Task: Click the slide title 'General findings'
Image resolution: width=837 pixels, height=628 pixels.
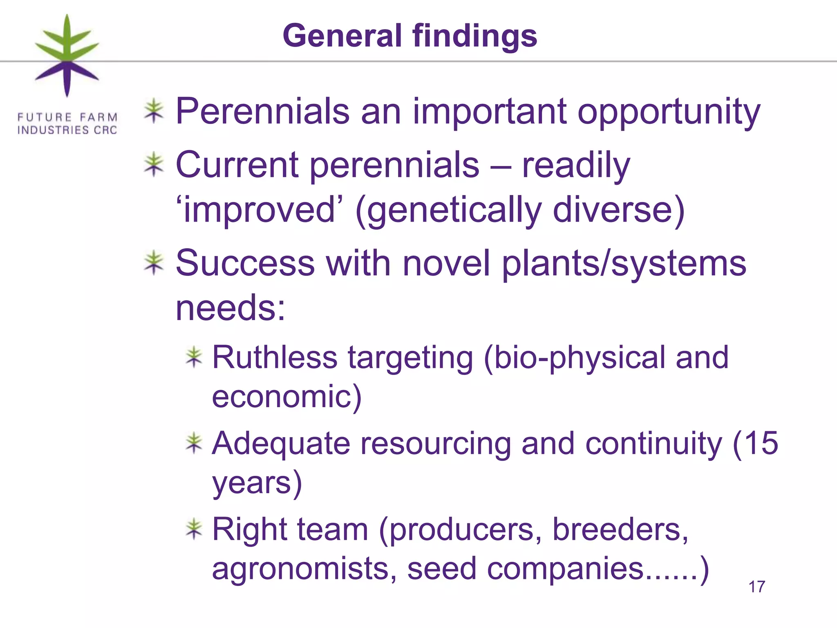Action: tap(410, 36)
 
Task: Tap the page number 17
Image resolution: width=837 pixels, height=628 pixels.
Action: tap(756, 587)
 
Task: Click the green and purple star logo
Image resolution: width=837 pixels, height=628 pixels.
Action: tap(67, 56)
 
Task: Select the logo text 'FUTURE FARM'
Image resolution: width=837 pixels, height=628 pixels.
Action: tap(67, 117)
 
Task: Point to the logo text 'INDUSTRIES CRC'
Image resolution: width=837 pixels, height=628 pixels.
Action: tap(67, 130)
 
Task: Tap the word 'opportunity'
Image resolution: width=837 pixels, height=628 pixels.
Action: tap(669, 112)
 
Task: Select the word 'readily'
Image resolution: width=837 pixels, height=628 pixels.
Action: tap(576, 166)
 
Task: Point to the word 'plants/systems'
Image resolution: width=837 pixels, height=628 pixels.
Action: tap(624, 264)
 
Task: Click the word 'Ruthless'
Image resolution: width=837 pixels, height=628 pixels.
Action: tap(275, 357)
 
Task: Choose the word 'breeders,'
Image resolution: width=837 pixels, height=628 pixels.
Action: tap(620, 529)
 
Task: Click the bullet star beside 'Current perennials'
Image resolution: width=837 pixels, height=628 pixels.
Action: tap(154, 164)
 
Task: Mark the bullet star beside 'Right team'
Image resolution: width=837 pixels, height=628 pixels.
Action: tap(194, 529)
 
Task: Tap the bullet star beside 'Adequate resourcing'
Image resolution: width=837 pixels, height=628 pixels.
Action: tap(194, 443)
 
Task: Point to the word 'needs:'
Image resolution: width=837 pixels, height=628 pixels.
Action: tap(231, 308)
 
